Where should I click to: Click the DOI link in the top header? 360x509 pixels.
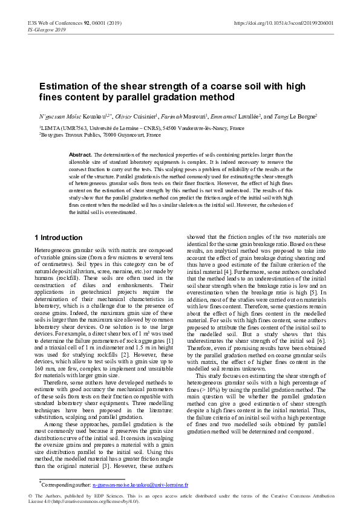click(283, 23)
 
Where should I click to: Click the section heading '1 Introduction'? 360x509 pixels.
click(59, 238)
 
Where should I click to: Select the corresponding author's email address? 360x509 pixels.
click(140, 484)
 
